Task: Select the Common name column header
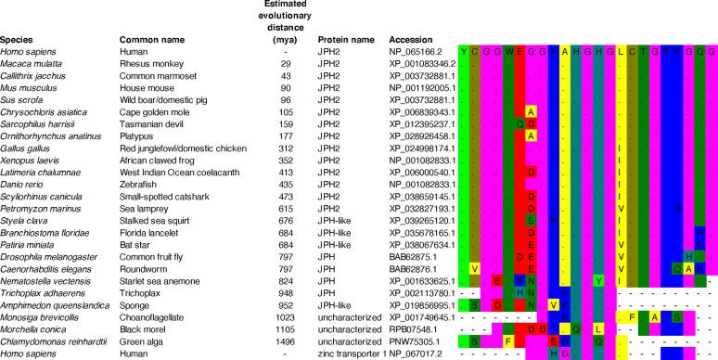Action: pyautogui.click(x=150, y=40)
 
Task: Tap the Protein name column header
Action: pyautogui.click(x=345, y=40)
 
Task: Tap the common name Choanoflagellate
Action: pyautogui.click(x=153, y=315)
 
